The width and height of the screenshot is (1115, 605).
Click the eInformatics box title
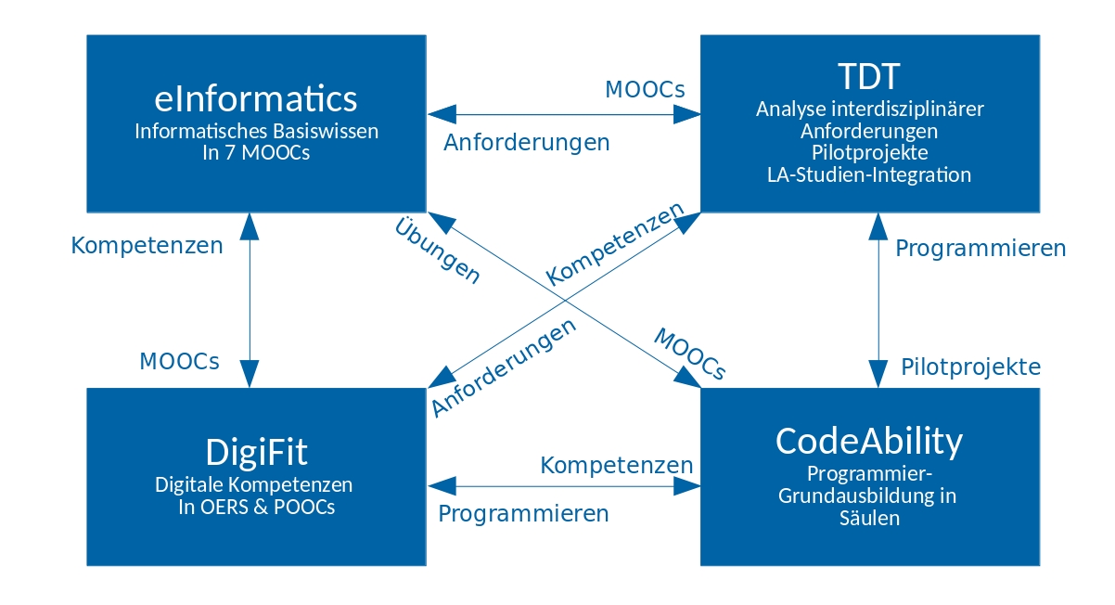tap(256, 98)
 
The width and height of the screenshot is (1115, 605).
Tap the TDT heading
tap(869, 76)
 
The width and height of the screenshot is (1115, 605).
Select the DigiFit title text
tap(256, 452)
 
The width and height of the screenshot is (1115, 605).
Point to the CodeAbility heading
tap(869, 442)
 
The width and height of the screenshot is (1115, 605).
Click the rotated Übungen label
tap(438, 251)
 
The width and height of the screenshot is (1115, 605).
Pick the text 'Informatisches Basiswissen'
tap(256, 131)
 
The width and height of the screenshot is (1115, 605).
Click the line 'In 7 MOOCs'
tap(256, 153)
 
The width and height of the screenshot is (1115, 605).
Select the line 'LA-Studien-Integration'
tap(869, 174)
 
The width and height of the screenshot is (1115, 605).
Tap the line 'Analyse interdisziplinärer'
tap(869, 109)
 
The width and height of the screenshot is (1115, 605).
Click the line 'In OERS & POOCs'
tap(256, 507)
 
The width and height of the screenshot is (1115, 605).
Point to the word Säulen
tap(869, 518)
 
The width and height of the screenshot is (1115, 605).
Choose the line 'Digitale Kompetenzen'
tap(254, 484)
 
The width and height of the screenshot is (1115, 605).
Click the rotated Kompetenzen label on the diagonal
tap(615, 243)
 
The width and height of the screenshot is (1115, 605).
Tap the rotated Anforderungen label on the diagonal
tap(504, 368)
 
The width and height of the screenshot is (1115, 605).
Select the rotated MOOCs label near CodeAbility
tap(690, 354)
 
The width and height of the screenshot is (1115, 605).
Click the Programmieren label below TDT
tap(980, 249)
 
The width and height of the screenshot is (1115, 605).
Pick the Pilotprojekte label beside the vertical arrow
tap(970, 367)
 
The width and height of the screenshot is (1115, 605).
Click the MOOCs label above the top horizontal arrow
tap(645, 90)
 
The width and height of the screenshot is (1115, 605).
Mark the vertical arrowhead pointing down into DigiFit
tap(250, 373)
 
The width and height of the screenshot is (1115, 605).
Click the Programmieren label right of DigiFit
tap(523, 514)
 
